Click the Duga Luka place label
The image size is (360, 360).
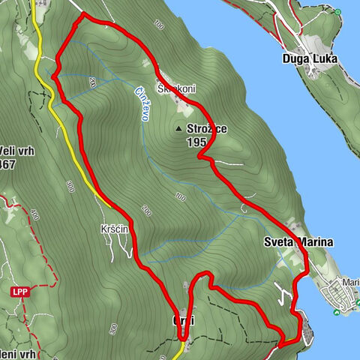pyautogui.click(x=310, y=58)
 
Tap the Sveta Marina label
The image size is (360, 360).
pyautogui.click(x=297, y=242)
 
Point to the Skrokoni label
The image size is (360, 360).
pyautogui.click(x=176, y=88)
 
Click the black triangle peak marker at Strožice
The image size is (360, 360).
pyautogui.click(x=178, y=129)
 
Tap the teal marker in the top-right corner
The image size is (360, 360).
pyautogui.click(x=338, y=13)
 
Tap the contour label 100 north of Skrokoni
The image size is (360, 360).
pyautogui.click(x=158, y=25)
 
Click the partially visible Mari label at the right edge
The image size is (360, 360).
pyautogui.click(x=350, y=283)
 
